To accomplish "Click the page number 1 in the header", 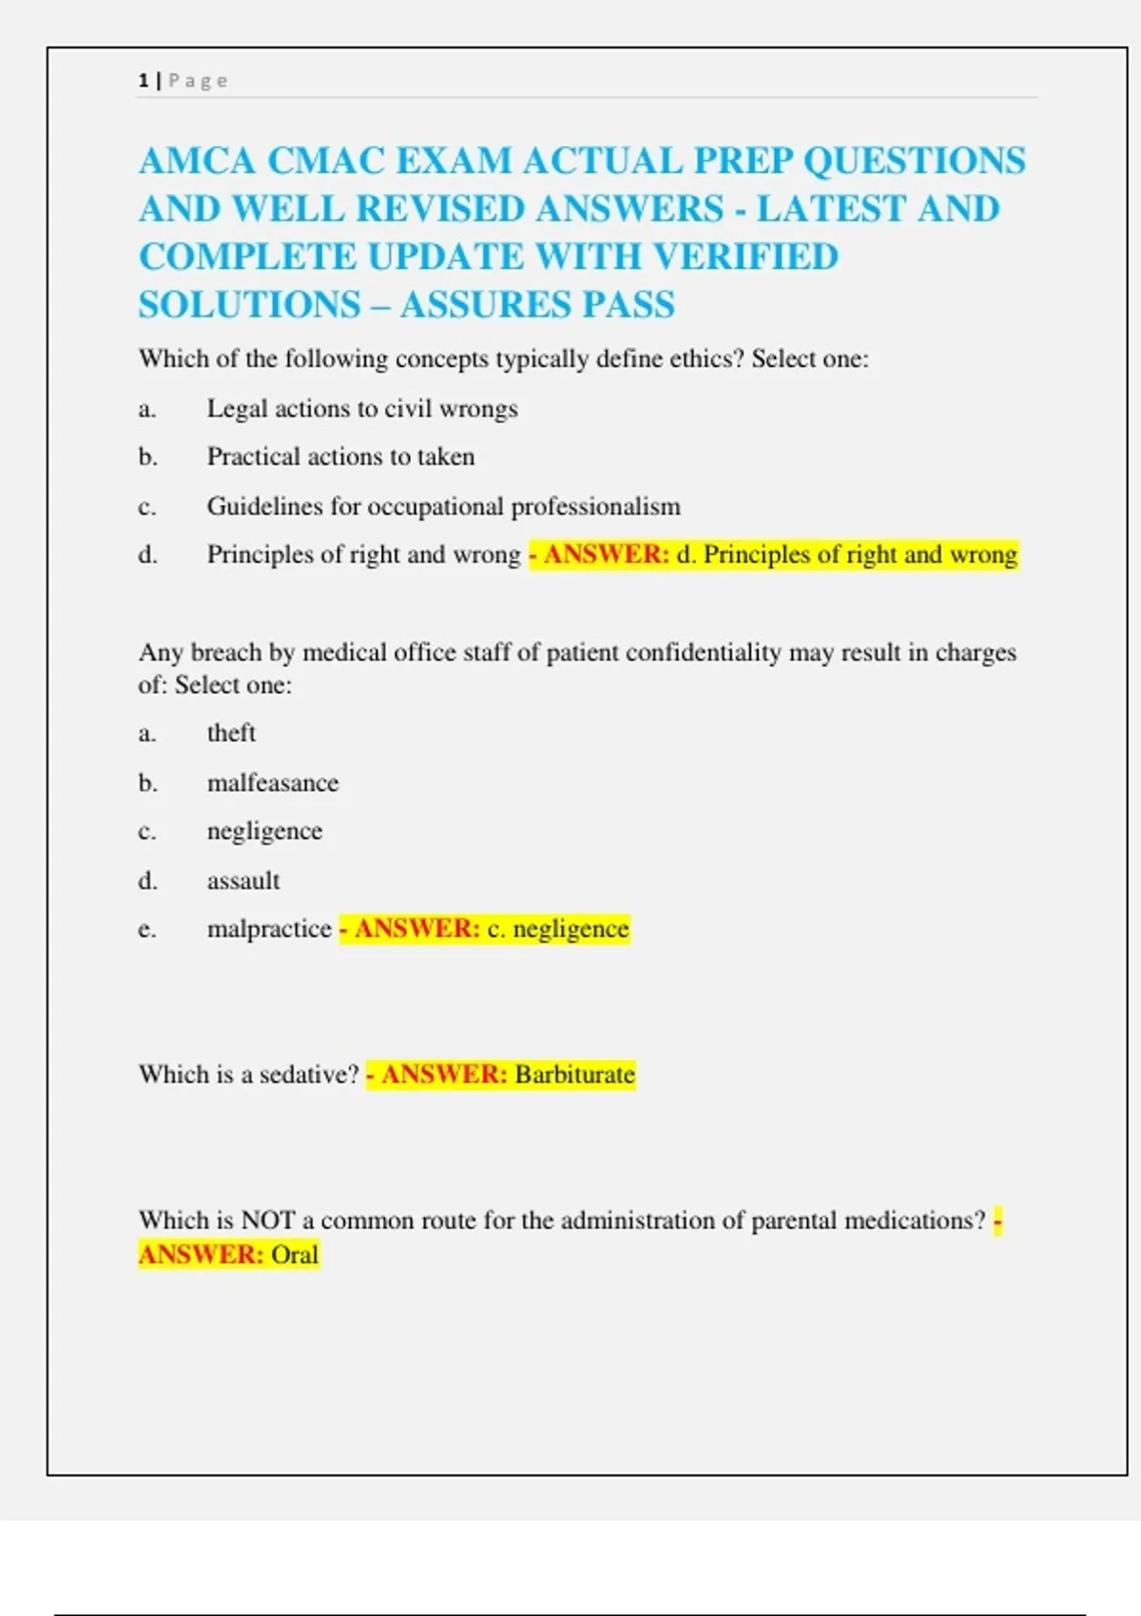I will pyautogui.click(x=144, y=81).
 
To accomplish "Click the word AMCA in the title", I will pyautogui.click(x=197, y=161).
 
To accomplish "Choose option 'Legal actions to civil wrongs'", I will pyautogui.click(x=362, y=409).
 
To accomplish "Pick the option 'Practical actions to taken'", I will pyautogui.click(x=340, y=457).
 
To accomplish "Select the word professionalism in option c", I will pyautogui.click(x=595, y=507).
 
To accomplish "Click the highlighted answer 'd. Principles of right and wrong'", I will pyautogui.click(x=846, y=554).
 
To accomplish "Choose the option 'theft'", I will pyautogui.click(x=231, y=733).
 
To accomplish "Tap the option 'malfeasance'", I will pyautogui.click(x=273, y=783).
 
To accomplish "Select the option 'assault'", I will pyautogui.click(x=243, y=881).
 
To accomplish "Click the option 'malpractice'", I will pyautogui.click(x=269, y=929).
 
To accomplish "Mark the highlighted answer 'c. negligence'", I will pyautogui.click(x=558, y=929).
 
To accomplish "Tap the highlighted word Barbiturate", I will pyautogui.click(x=574, y=1075).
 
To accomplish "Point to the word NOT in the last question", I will pyautogui.click(x=268, y=1221).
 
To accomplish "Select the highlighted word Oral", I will pyautogui.click(x=295, y=1255).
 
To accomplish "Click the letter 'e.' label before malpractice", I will pyautogui.click(x=146, y=929).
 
